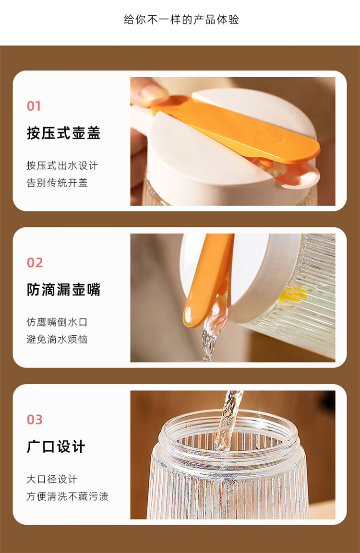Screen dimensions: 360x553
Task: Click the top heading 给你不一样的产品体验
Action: (x=181, y=19)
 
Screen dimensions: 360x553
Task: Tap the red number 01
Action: (x=34, y=106)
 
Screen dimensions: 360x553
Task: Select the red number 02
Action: (x=35, y=263)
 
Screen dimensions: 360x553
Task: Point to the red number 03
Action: (x=35, y=420)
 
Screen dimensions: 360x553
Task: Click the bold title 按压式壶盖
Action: (x=63, y=133)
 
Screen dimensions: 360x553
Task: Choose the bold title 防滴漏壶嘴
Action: (x=63, y=290)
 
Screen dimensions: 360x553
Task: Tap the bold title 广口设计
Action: (x=56, y=447)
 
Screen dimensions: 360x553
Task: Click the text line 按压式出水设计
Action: (x=62, y=165)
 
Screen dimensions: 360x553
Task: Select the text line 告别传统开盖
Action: (x=57, y=183)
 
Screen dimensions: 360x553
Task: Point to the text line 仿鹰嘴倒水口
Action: (x=57, y=322)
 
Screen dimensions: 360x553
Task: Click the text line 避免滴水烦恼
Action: (x=57, y=339)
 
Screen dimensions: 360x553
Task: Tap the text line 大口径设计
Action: (x=52, y=479)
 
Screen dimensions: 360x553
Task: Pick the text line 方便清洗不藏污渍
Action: (x=67, y=496)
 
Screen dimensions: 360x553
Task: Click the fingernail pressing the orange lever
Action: (x=154, y=93)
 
